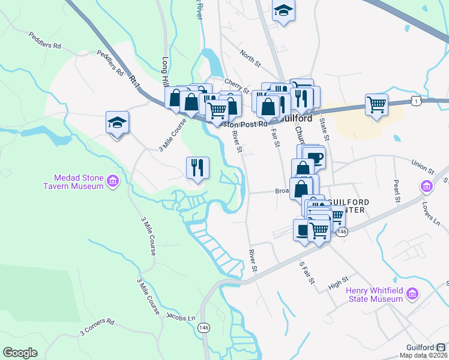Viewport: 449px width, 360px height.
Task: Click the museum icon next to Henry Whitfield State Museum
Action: pos(412,294)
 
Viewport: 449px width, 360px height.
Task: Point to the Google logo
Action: pos(20,353)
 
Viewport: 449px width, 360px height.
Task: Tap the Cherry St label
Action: pos(236,86)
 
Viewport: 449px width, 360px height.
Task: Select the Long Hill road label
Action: pos(166,71)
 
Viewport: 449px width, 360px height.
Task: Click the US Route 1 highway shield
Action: pos(416,102)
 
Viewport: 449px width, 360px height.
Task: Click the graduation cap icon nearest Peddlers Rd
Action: pos(117,123)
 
